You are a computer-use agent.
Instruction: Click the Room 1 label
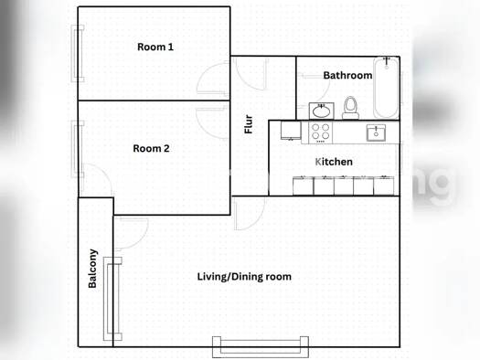click(155, 47)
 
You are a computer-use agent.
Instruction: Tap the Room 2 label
click(152, 148)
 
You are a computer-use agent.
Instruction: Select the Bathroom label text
click(347, 76)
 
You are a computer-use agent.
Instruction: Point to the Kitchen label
click(334, 162)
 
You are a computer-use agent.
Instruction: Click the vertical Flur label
click(248, 124)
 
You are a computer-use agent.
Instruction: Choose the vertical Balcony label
click(93, 269)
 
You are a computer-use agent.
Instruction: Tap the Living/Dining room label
click(245, 276)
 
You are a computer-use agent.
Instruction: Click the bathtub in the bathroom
click(387, 88)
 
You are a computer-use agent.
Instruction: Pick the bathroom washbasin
click(320, 111)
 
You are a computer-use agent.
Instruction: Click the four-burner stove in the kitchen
click(320, 132)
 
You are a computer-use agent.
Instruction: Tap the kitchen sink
click(376, 133)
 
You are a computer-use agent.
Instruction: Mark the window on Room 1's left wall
click(79, 54)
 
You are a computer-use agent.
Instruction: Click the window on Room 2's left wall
click(79, 147)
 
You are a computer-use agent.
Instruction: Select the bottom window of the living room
click(261, 346)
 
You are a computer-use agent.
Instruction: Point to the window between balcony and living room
click(113, 298)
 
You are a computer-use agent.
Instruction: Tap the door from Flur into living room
click(245, 212)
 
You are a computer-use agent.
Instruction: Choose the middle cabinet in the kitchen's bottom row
click(344, 185)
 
